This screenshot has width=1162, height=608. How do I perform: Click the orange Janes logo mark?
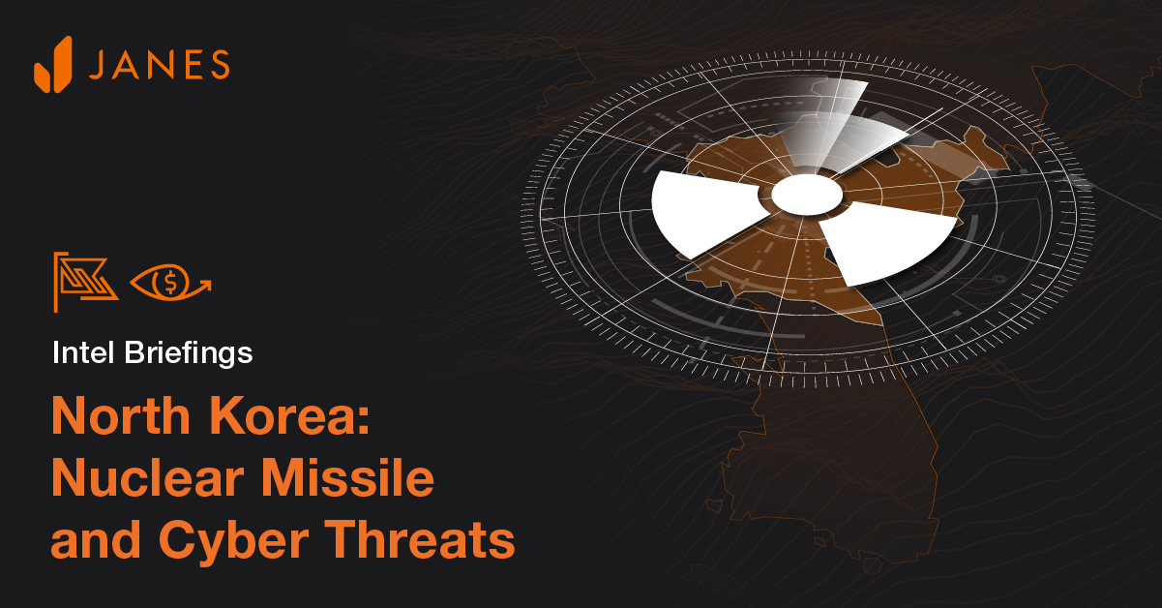click(53, 65)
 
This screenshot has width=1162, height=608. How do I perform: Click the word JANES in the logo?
click(160, 65)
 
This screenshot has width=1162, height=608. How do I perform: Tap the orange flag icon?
click(85, 282)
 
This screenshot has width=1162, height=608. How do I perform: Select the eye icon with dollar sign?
click(170, 283)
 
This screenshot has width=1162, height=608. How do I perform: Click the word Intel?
click(83, 352)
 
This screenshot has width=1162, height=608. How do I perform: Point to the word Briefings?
click(189, 353)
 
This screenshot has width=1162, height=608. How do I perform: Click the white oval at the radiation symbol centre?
click(807, 195)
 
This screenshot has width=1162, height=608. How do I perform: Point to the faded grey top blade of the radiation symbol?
click(842, 129)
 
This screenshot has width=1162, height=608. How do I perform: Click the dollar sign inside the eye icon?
click(170, 282)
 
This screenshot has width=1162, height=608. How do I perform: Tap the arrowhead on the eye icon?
click(205, 285)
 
